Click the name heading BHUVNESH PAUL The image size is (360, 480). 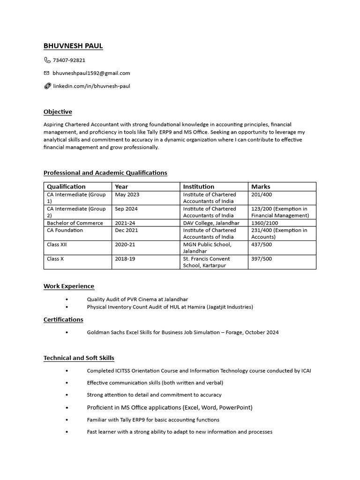click(x=73, y=46)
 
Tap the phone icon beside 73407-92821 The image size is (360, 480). click(x=47, y=60)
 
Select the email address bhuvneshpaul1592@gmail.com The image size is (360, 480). click(x=91, y=73)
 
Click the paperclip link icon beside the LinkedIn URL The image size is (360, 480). click(x=47, y=86)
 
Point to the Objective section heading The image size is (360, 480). click(x=58, y=112)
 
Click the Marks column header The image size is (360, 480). click(x=261, y=187)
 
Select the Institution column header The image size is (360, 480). click(x=198, y=187)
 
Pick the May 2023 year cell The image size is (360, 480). click(x=127, y=195)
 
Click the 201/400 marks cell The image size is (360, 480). click(x=262, y=195)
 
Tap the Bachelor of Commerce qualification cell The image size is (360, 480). click(x=75, y=223)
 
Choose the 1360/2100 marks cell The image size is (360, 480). click(x=264, y=223)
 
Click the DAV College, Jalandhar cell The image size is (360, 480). click(x=211, y=223)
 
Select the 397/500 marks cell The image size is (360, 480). click(x=262, y=259)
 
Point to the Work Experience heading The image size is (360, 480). click(x=69, y=286)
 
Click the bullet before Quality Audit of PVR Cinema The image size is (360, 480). click(x=67, y=299)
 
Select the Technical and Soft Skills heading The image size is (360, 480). click(x=79, y=358)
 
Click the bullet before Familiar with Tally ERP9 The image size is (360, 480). click(x=67, y=420)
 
